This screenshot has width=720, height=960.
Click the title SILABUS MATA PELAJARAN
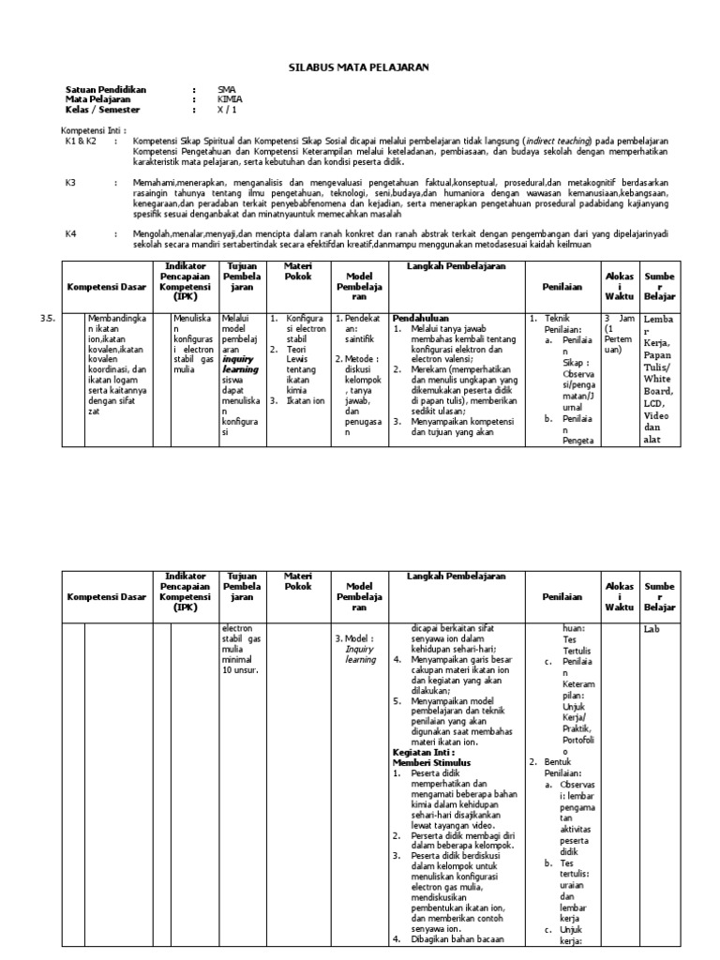(360, 67)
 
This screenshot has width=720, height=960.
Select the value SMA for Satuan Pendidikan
(227, 89)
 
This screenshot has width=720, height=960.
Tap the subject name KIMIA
(229, 97)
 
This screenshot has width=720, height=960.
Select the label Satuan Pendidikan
(106, 89)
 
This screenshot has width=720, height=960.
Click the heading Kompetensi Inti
(93, 130)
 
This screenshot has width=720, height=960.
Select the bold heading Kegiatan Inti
(422, 752)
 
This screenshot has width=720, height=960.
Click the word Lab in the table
(652, 629)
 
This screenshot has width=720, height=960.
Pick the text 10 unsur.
(241, 669)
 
